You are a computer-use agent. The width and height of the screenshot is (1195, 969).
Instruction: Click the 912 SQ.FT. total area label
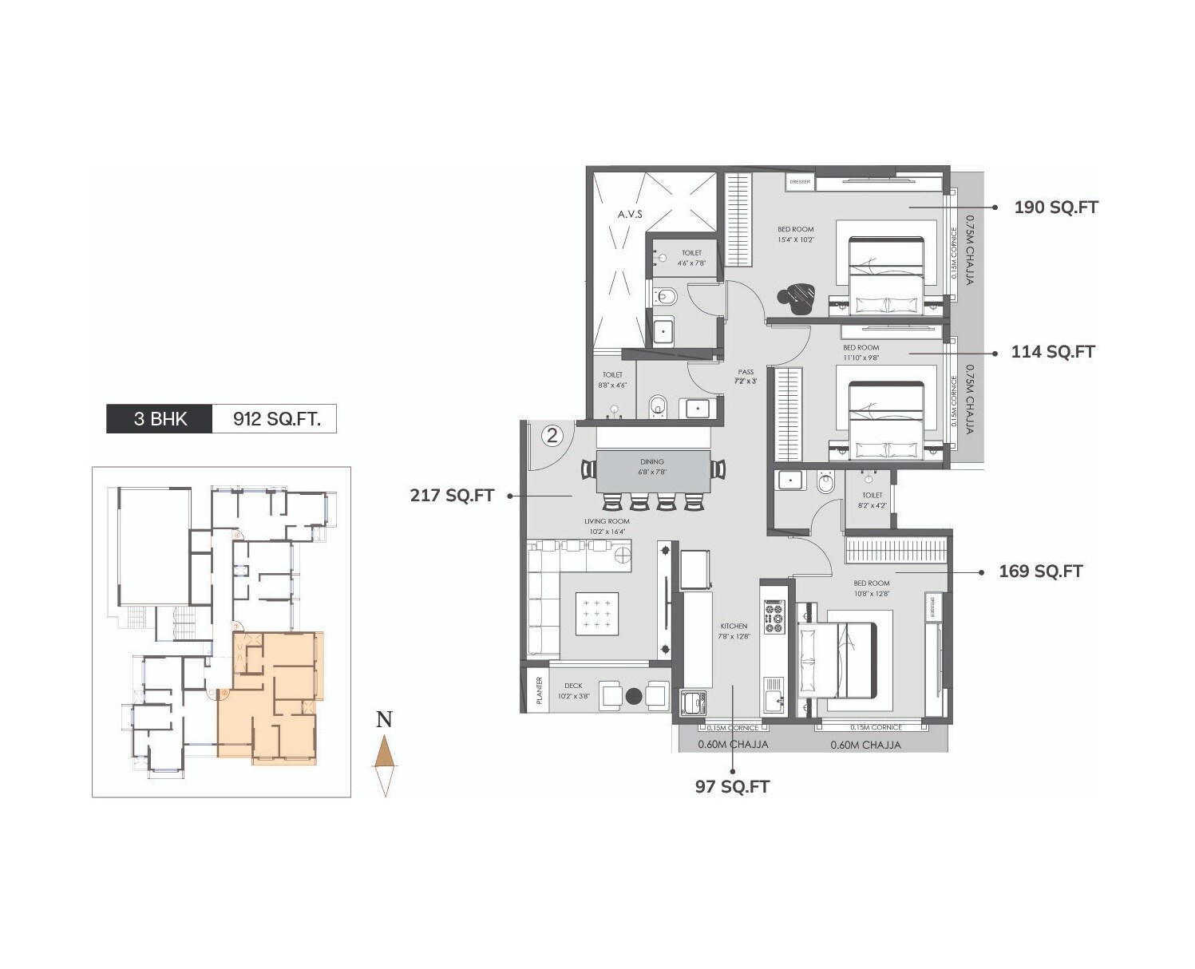click(276, 419)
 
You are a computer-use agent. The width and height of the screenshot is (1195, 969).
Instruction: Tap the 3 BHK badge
click(160, 419)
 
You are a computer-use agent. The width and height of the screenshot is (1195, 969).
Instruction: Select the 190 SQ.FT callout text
click(1055, 208)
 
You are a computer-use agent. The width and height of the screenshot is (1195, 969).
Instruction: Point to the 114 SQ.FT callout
click(1052, 352)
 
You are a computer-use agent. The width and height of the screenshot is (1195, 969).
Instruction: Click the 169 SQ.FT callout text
click(1040, 572)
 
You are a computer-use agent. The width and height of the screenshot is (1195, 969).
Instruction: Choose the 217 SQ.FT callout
click(452, 496)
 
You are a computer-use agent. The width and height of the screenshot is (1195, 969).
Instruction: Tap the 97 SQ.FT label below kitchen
click(732, 787)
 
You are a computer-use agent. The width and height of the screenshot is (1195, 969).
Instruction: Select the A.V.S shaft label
click(629, 214)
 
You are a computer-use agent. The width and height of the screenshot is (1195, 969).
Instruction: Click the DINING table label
click(651, 461)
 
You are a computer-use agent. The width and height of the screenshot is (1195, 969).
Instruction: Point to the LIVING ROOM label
click(607, 521)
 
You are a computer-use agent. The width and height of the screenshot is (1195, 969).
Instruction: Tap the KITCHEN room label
click(733, 626)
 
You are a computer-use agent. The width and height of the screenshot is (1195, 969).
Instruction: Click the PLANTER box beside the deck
click(539, 690)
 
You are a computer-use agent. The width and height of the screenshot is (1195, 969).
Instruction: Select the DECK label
click(572, 686)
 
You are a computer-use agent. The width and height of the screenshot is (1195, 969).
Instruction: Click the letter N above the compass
click(384, 719)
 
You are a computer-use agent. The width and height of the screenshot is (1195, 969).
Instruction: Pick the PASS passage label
click(746, 372)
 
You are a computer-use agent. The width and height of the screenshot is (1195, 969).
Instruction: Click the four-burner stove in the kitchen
click(774, 616)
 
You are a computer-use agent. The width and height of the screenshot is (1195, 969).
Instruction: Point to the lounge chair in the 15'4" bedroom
click(796, 297)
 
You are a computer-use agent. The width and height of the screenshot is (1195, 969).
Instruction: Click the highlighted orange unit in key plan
click(271, 694)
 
